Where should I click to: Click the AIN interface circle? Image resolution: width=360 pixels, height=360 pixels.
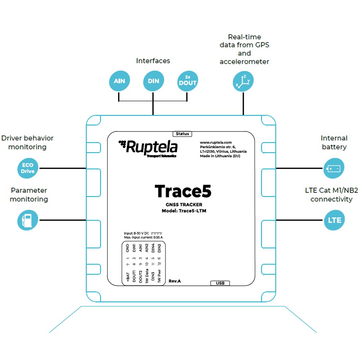[120, 81]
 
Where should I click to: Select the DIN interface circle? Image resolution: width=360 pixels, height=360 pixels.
[153, 81]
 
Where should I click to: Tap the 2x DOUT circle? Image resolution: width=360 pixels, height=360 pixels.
[188, 81]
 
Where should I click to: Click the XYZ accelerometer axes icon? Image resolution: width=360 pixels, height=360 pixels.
[243, 81]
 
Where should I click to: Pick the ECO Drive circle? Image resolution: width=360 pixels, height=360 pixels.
[28, 168]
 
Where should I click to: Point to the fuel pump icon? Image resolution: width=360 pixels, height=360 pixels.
[28, 220]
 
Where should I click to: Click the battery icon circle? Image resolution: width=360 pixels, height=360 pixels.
[334, 168]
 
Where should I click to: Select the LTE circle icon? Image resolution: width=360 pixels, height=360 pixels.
[334, 220]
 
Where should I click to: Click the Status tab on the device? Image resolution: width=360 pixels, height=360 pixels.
[182, 134]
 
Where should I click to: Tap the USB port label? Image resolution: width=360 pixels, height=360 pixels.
[220, 283]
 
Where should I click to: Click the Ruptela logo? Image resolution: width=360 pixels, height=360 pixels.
[148, 148]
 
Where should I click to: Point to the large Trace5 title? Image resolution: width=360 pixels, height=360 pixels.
[183, 191]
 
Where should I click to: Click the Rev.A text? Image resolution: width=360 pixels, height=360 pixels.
[175, 281]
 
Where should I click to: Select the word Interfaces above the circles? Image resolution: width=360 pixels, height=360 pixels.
[153, 60]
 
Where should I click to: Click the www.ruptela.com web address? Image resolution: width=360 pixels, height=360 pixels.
[216, 142]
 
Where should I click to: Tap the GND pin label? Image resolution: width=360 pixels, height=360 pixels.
[128, 248]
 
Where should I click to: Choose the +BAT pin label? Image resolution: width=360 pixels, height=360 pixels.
[128, 277]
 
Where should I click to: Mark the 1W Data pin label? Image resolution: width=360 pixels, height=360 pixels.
[147, 276]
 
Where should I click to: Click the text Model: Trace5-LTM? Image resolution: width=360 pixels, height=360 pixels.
[184, 211]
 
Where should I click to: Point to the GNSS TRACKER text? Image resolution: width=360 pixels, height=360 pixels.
[184, 204]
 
